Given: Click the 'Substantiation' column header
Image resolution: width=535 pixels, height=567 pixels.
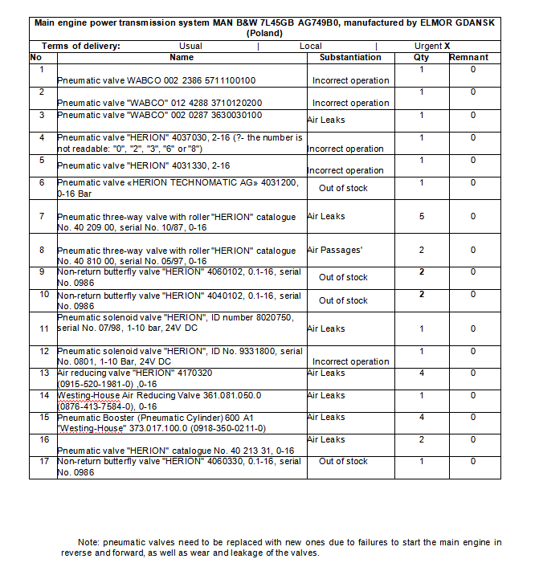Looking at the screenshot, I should coord(349,58).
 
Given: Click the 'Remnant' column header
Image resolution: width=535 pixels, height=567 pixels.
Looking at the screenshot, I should coord(472,58).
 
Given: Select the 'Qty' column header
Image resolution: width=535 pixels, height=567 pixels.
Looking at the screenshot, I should coord(421,58).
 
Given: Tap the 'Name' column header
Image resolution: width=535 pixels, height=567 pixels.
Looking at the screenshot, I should coord(182,58).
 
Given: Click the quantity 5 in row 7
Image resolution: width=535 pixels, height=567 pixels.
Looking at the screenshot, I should coord(421,216).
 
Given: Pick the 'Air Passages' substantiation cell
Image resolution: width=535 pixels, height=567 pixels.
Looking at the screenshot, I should coord(335,250).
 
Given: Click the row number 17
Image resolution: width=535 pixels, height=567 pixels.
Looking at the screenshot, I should coord(44,462).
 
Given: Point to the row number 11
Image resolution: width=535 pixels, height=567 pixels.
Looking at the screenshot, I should coord(44,328).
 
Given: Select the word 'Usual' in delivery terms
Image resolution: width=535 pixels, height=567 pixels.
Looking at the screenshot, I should coord(190,47).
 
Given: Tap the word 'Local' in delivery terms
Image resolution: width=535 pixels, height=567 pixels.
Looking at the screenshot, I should coord(310,47).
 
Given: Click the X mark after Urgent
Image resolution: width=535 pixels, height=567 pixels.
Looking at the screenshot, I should coord(447,47).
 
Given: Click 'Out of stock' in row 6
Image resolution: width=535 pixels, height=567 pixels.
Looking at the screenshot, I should coord(343,188).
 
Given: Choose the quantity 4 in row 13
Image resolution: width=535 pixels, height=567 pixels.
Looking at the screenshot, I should coord(421,373).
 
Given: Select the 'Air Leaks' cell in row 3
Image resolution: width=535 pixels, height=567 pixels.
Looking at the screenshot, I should coord(326,120).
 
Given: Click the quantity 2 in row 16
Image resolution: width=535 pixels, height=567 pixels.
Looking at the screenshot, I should coord(421,439).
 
